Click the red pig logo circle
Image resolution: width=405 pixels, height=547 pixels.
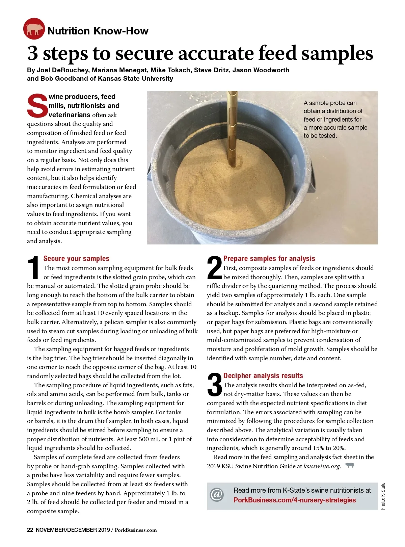34,29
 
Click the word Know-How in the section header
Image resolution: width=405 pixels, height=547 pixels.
120,31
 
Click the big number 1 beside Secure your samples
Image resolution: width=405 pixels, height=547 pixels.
34,268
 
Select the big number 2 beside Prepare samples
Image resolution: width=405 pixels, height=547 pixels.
214,268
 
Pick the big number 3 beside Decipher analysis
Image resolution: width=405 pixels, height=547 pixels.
214,385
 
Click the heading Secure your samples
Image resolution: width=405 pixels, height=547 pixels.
76,259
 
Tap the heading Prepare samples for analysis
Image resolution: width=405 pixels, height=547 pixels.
269,259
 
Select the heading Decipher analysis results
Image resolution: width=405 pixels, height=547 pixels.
263,376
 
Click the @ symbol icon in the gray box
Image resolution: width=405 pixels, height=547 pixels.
217,495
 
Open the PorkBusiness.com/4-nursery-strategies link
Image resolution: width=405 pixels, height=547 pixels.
294,500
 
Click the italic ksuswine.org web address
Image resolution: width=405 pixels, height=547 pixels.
322,466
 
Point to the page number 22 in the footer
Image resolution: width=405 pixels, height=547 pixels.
30,530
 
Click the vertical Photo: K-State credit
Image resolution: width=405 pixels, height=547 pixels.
383,496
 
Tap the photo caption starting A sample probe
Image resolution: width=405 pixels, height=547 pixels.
335,119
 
